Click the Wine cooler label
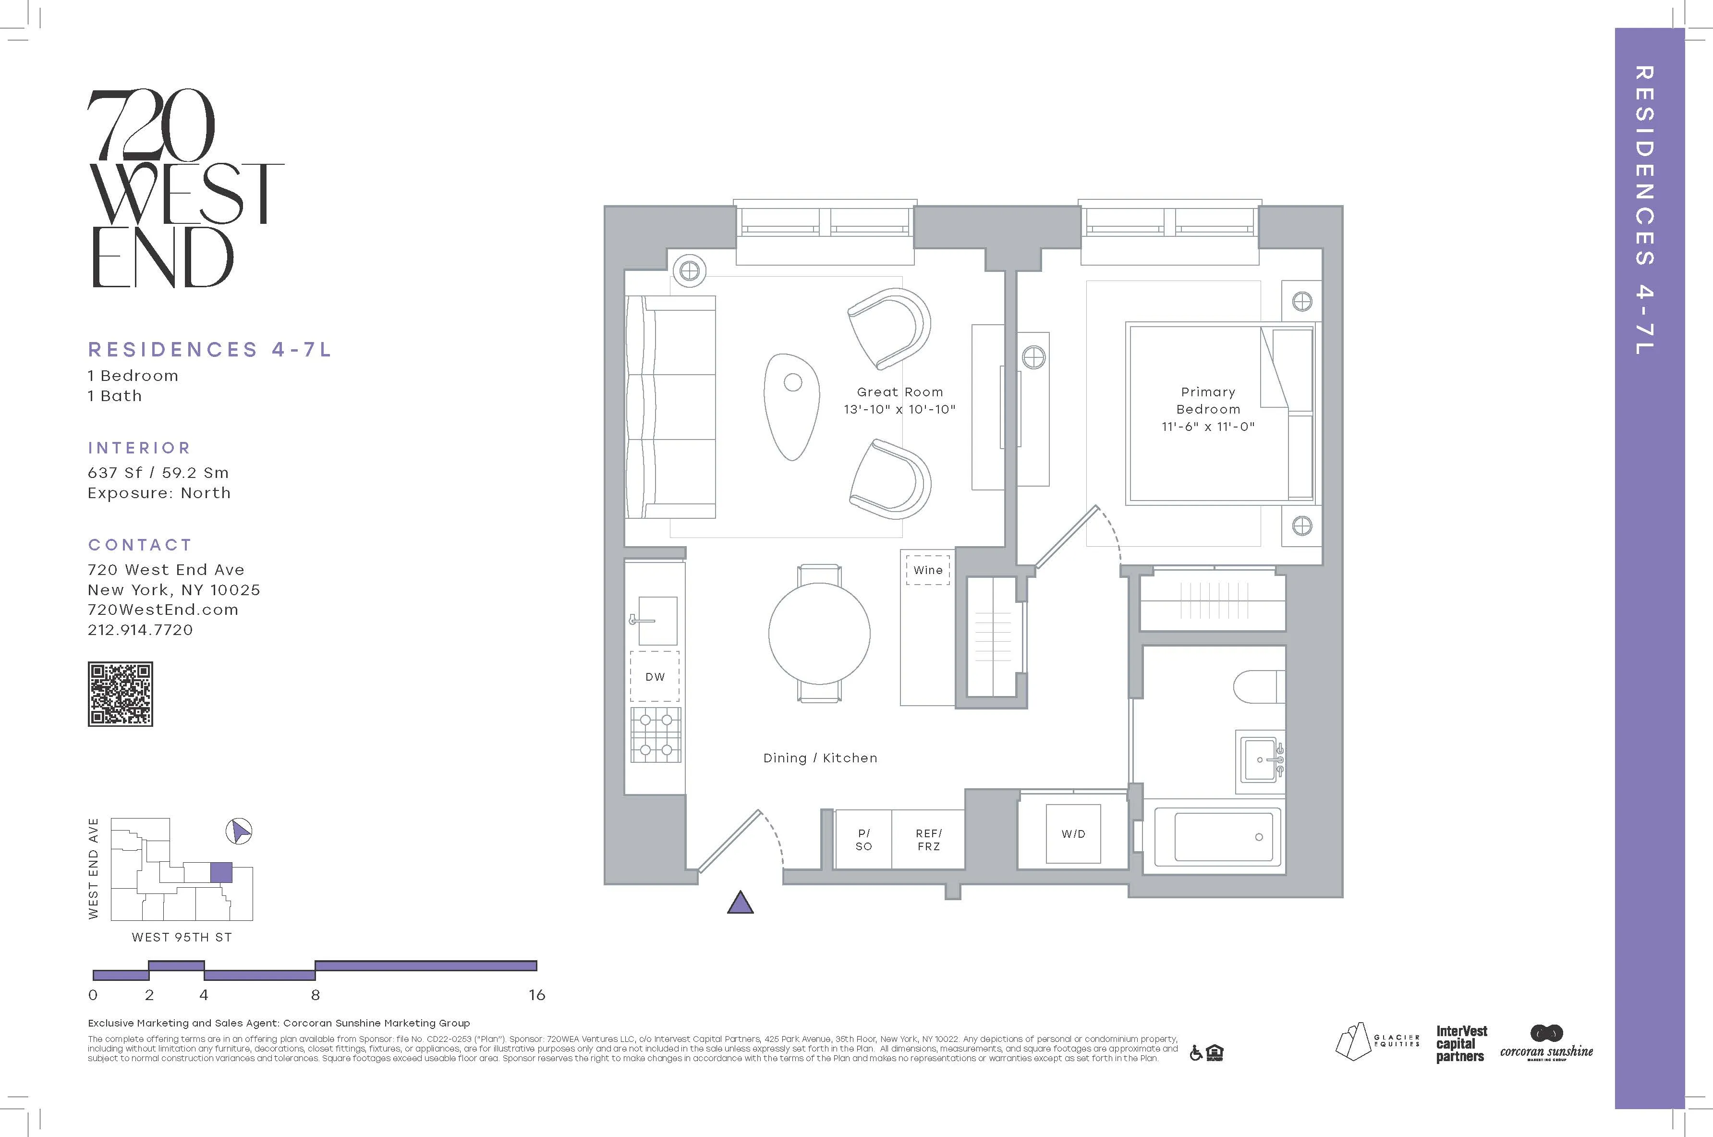click(x=927, y=570)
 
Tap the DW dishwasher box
click(x=655, y=676)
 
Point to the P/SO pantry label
click(x=863, y=840)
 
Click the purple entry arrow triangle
click(x=740, y=904)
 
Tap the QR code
click(x=121, y=694)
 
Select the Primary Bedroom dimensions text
click(x=1208, y=427)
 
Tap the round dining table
click(x=819, y=633)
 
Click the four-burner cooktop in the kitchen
click(x=656, y=734)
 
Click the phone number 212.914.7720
click(x=141, y=630)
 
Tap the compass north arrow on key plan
click(x=239, y=831)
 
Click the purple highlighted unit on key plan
click(x=220, y=872)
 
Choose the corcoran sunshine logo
click(x=1546, y=1044)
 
